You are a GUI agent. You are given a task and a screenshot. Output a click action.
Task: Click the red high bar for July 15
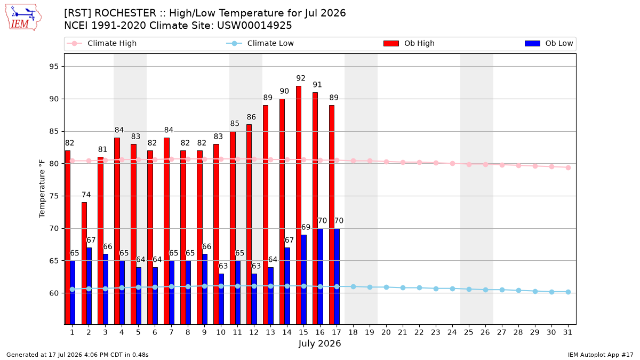pos(299,205)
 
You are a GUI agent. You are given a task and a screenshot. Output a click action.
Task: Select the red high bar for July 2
pos(84,263)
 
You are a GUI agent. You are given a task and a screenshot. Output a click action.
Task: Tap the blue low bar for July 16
pos(321,276)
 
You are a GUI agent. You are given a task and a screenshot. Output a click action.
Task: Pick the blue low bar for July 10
pos(221,299)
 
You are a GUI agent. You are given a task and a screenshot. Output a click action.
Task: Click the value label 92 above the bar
pos(301,78)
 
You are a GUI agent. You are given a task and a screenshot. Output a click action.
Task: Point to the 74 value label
pos(86,195)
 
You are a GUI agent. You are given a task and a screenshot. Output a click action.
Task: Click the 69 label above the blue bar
pos(306,227)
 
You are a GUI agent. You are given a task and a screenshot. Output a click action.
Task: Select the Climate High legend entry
pos(101,43)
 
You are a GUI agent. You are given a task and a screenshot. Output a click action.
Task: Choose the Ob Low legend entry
pos(549,43)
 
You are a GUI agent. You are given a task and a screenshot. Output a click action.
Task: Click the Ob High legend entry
pos(409,43)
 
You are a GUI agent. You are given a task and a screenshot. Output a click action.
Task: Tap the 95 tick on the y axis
pos(54,67)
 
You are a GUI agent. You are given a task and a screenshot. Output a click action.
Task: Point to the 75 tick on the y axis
pos(54,196)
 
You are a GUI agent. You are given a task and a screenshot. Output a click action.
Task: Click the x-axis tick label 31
pos(567,332)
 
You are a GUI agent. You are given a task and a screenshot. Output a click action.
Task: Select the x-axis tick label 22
pos(419,332)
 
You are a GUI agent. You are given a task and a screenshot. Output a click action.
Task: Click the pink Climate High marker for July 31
pos(568,167)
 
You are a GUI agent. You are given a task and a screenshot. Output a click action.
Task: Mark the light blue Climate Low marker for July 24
pos(452,289)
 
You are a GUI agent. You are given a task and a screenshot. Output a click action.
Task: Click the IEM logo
pos(23,18)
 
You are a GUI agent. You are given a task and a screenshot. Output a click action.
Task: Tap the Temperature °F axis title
pos(42,189)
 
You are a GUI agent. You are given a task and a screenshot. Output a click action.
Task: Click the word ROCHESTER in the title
pos(125,13)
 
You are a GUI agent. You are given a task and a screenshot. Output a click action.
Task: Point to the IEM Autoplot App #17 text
pos(601,355)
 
